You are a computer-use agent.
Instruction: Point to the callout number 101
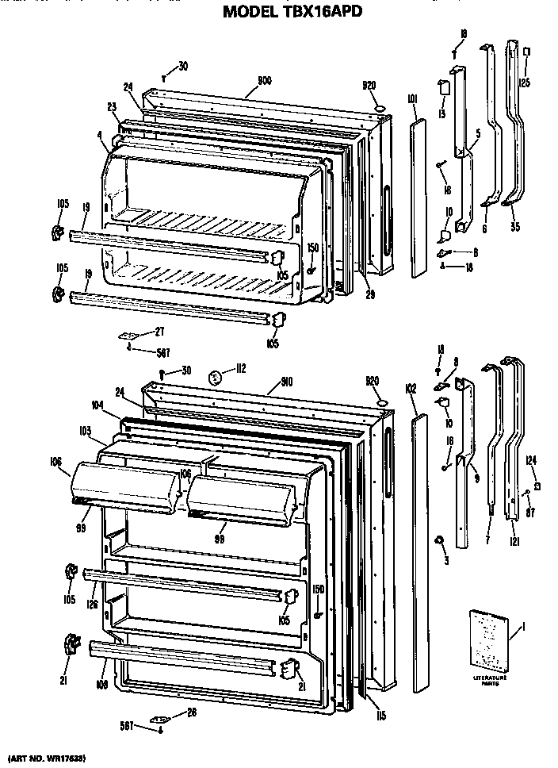click(x=412, y=100)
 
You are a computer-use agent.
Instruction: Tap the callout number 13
click(x=441, y=113)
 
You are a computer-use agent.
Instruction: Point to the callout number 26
click(x=190, y=712)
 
